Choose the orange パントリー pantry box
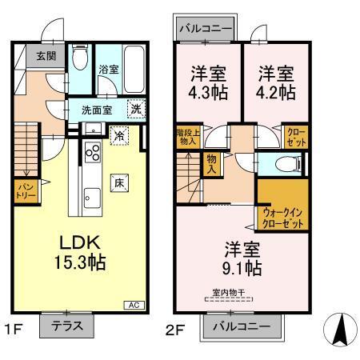click(x=24, y=190)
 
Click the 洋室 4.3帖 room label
click(x=206, y=83)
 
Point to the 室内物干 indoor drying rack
click(x=229, y=295)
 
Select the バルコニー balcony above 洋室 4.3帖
click(x=206, y=28)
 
